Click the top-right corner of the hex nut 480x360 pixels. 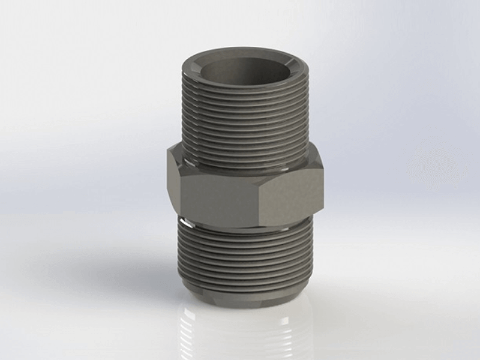(x=312, y=150)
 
